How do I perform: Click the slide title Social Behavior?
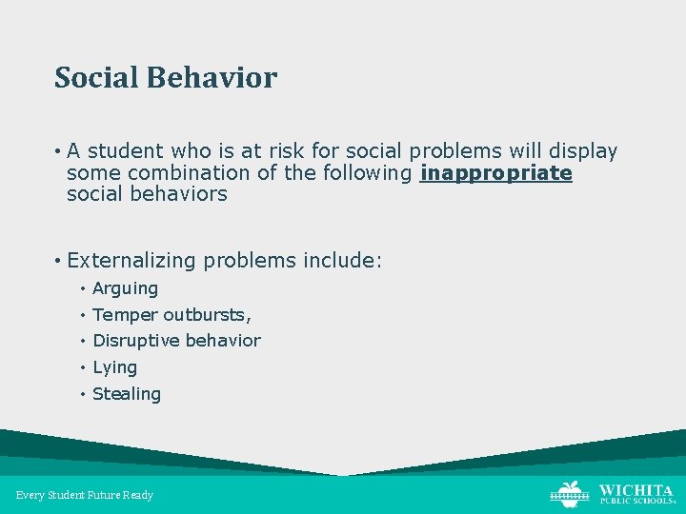click(166, 77)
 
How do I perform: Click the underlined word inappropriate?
click(495, 173)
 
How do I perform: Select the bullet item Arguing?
click(125, 288)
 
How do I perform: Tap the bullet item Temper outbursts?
click(171, 315)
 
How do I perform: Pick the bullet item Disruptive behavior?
click(176, 341)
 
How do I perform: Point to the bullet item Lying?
click(114, 367)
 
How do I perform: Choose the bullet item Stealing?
click(127, 394)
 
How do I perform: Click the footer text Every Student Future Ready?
click(85, 495)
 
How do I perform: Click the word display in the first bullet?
click(583, 151)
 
